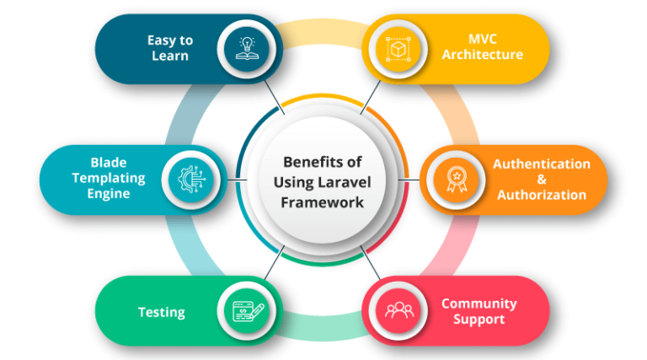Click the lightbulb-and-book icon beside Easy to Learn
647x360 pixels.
(247, 49)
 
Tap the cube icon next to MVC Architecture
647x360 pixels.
(398, 49)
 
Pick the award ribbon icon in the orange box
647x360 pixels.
(457, 180)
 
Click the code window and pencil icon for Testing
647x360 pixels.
(248, 311)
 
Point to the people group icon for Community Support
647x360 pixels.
(399, 310)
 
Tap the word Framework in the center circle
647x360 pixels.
(323, 202)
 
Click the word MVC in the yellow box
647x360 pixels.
(483, 39)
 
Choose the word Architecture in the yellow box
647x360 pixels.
(483, 55)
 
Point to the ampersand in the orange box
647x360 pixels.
(542, 180)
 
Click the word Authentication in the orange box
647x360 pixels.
(542, 164)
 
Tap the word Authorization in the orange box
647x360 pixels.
(542, 195)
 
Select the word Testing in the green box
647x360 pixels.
(162, 313)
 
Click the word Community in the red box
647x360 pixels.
(479, 304)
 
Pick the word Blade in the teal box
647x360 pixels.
(109, 162)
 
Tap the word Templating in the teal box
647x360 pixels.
(109, 179)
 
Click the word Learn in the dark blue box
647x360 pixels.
(170, 56)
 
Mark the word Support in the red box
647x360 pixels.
(479, 320)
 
